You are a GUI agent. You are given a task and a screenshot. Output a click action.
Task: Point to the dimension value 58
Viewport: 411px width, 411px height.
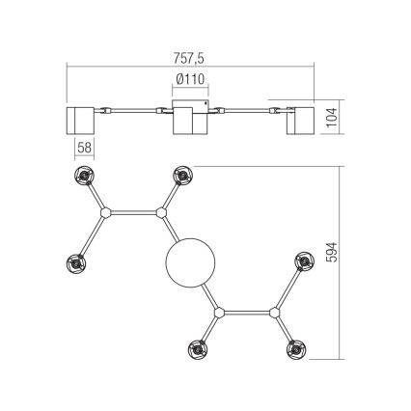(x=84, y=148)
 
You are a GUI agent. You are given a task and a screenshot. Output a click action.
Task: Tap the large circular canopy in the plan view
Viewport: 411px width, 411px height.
(x=191, y=263)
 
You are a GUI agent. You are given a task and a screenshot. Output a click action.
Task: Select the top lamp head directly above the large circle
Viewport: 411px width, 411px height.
(x=181, y=176)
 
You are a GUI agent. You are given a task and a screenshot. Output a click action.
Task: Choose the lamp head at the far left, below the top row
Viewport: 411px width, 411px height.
(x=77, y=262)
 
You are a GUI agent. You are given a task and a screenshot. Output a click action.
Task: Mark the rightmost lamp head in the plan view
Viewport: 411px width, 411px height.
(x=304, y=262)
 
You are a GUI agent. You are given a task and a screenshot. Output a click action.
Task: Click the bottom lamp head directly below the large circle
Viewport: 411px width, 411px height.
(x=201, y=348)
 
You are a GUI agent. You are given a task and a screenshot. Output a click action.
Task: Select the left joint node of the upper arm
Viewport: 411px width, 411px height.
(x=108, y=212)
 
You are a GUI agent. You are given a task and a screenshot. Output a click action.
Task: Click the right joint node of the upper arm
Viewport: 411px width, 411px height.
(x=161, y=212)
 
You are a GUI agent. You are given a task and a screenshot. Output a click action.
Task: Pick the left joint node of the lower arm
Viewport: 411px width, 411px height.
(x=221, y=314)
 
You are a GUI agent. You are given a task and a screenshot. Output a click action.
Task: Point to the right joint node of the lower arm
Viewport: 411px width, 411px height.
(x=275, y=314)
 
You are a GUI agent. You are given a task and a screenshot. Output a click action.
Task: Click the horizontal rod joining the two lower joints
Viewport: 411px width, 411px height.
(x=248, y=314)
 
